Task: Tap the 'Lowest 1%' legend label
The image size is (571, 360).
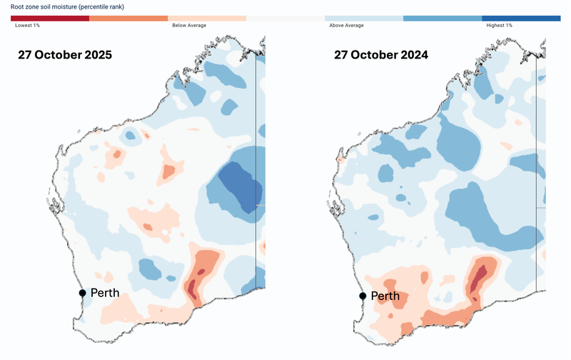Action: [28, 25]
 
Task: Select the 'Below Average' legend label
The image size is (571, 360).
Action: [189, 25]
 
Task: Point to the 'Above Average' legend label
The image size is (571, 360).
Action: [346, 25]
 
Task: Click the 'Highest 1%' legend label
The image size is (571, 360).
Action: [500, 25]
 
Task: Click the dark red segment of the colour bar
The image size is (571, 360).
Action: [50, 18]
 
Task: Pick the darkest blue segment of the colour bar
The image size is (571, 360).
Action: [521, 18]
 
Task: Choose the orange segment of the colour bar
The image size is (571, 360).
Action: [128, 18]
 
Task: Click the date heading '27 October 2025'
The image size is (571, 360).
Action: [65, 55]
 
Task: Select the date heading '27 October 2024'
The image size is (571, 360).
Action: [381, 55]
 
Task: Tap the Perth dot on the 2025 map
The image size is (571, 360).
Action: [83, 293]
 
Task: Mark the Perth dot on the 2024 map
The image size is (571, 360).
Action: [363, 296]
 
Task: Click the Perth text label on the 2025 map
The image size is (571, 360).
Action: [105, 293]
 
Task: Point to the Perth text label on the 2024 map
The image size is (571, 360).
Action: [385, 296]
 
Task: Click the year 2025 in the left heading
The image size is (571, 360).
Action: [96, 55]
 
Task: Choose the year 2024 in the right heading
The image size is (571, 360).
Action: [413, 55]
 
